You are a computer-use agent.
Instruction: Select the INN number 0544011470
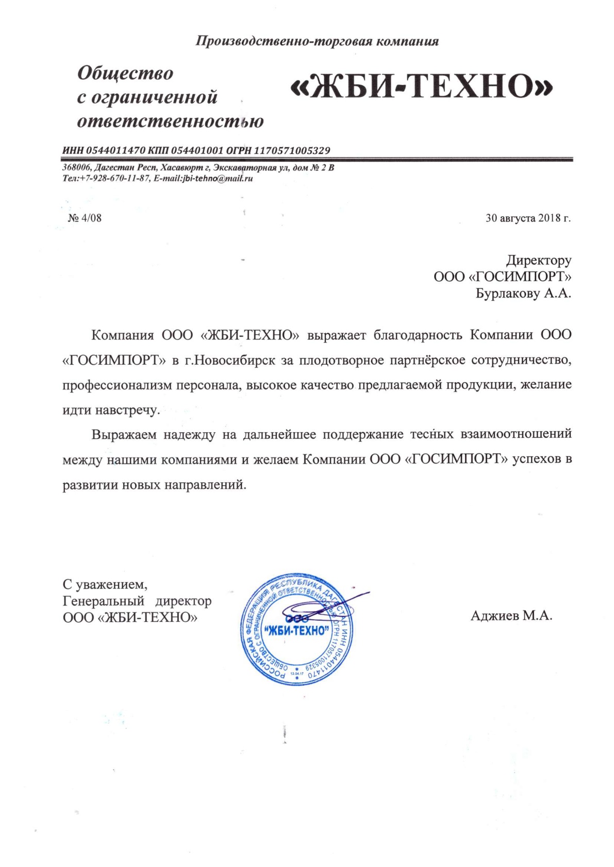click(116, 150)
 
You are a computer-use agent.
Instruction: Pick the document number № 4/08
click(85, 218)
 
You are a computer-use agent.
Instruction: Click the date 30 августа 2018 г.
click(528, 218)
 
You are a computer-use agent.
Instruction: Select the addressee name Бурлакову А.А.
click(523, 294)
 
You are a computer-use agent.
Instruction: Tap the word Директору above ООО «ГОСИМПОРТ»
click(539, 260)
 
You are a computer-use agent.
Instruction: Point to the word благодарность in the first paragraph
click(418, 335)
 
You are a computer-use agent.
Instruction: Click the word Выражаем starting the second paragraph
click(124, 434)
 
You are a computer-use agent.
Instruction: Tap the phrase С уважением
click(105, 585)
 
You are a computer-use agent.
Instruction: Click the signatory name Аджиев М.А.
click(511, 616)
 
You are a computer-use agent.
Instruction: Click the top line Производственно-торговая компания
click(317, 41)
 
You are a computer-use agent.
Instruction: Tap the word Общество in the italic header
click(125, 73)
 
